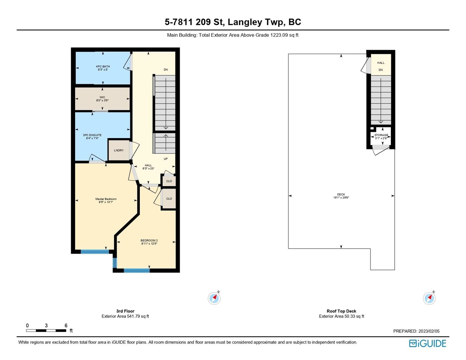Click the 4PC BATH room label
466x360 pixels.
coord(103,68)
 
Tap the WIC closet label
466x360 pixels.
coord(102,99)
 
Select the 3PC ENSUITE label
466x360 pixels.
coord(92,137)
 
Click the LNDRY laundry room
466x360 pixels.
coord(119,150)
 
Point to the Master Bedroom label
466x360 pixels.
coord(106,200)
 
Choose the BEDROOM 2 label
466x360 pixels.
coord(149,242)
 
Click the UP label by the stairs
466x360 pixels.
coord(165,159)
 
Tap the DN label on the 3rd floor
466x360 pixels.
coord(165,70)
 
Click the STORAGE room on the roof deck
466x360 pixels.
coord(381,137)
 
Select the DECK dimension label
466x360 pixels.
coord(341,196)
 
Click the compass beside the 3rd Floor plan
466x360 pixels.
coord(214,298)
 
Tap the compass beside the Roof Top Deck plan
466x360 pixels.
coord(429,298)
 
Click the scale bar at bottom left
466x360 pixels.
coord(46,330)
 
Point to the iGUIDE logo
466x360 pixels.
coord(427,343)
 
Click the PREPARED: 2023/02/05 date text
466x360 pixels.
coord(416,331)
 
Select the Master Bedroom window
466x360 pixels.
coord(95,252)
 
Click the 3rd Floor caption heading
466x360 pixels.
coord(125,311)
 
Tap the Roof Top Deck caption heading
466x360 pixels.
coord(341,311)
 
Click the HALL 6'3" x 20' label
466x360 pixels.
coord(148,167)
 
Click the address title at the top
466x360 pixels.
coord(233,22)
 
